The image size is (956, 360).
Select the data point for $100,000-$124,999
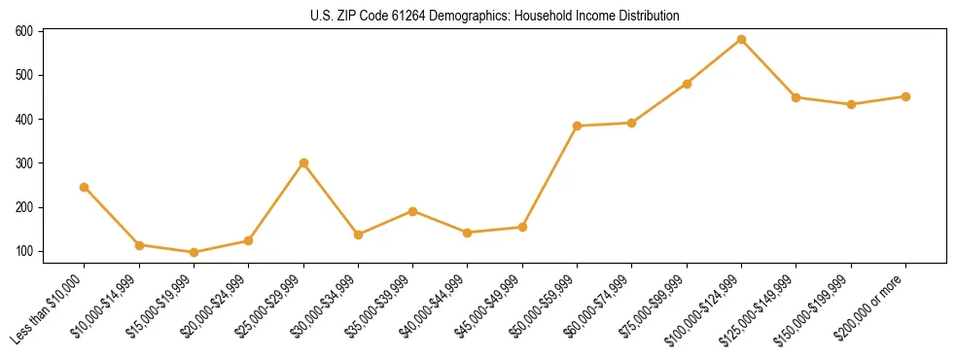742,40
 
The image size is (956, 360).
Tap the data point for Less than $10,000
85,187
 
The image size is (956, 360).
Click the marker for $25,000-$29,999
303,162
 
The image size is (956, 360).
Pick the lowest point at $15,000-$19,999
194,252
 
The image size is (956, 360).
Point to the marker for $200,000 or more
905,96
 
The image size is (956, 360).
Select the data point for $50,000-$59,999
578,126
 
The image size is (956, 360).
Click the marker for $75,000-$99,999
687,84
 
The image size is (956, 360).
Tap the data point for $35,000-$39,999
413,211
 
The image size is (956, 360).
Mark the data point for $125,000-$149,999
797,97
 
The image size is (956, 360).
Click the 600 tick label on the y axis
24,31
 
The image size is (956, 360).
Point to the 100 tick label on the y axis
24,251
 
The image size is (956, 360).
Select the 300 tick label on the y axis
24,163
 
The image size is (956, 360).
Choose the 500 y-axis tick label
24,75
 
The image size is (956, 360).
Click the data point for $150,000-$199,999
851,104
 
